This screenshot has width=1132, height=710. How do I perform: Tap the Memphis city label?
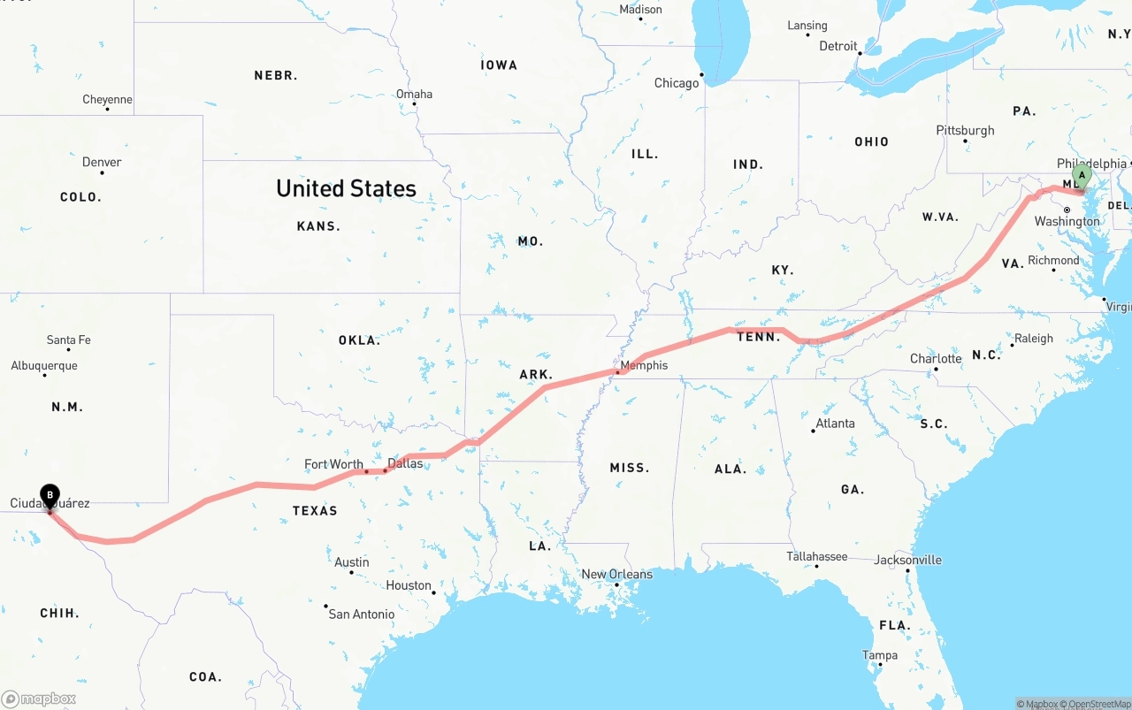(644, 365)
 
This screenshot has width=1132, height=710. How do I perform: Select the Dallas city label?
(405, 463)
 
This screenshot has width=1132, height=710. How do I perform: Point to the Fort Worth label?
(333, 464)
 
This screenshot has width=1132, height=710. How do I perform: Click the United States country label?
(346, 188)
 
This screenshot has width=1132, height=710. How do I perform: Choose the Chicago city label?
(677, 83)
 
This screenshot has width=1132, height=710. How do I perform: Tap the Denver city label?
(102, 162)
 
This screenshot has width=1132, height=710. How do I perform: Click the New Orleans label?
(616, 574)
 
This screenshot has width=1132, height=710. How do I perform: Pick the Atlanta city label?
(835, 424)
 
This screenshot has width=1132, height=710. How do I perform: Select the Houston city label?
(409, 585)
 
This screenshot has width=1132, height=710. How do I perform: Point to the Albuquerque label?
(44, 365)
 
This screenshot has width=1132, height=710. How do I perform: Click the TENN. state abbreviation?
(759, 337)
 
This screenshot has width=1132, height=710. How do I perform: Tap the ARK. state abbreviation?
(536, 375)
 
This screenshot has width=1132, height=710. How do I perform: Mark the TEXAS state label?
(315, 511)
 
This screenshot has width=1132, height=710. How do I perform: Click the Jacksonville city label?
(907, 560)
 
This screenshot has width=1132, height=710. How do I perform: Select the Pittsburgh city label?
(965, 131)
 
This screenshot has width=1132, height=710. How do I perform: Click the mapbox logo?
(39, 699)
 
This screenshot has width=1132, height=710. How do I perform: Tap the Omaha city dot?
(414, 104)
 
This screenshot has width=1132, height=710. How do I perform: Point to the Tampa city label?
(880, 655)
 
